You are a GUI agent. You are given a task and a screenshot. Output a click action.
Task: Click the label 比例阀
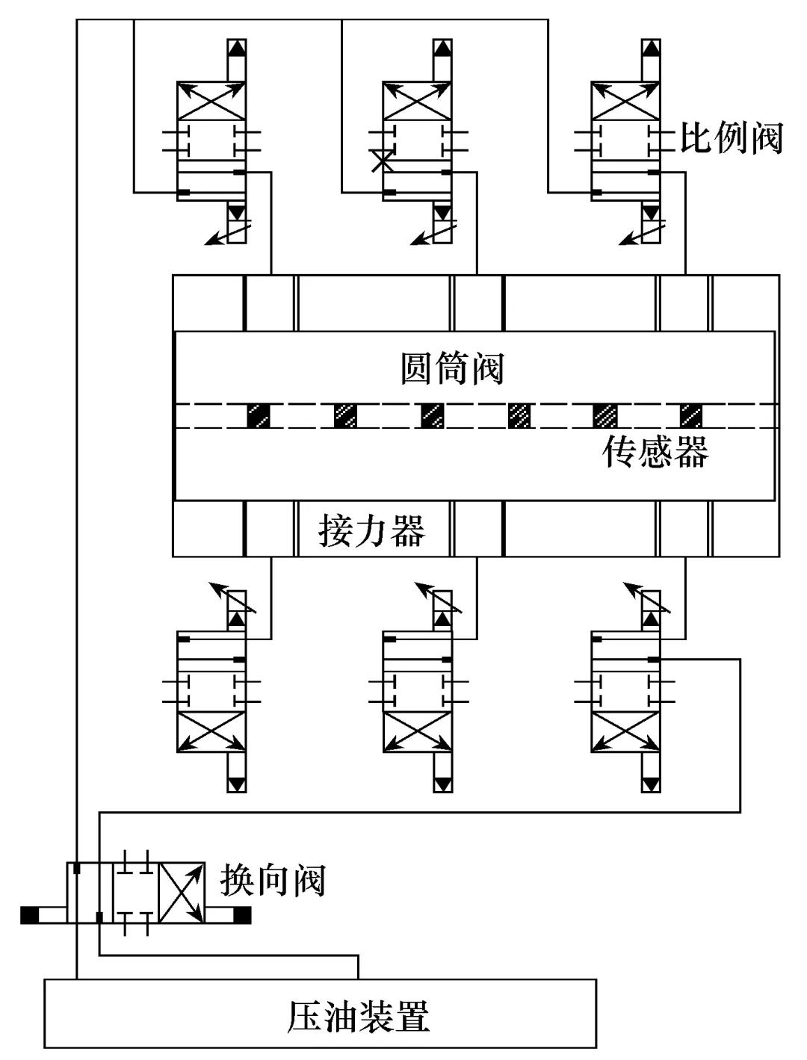[730, 137]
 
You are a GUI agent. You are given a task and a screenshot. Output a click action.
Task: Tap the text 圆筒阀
[453, 369]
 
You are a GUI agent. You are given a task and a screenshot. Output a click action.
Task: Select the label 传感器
[655, 451]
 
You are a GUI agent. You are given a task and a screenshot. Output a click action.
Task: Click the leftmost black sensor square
[259, 415]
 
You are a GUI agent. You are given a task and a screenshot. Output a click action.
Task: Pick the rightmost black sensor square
[691, 415]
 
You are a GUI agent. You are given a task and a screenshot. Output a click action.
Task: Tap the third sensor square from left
[432, 415]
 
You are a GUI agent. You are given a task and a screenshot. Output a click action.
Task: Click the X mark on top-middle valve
[383, 160]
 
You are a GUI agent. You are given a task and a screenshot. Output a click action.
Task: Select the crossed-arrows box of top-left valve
[211, 99]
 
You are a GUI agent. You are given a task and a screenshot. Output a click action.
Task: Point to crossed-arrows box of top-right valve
[625, 99]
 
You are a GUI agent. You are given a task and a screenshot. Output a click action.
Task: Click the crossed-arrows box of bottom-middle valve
[417, 732]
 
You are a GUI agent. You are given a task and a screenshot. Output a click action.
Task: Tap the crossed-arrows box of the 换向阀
[182, 894]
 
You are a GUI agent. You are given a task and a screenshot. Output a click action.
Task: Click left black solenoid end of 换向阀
[30, 914]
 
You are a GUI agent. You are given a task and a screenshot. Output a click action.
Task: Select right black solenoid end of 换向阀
[241, 914]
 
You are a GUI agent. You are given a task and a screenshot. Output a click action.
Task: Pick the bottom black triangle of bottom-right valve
[651, 784]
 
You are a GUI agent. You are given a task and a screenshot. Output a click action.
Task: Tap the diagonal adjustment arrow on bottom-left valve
[232, 598]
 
